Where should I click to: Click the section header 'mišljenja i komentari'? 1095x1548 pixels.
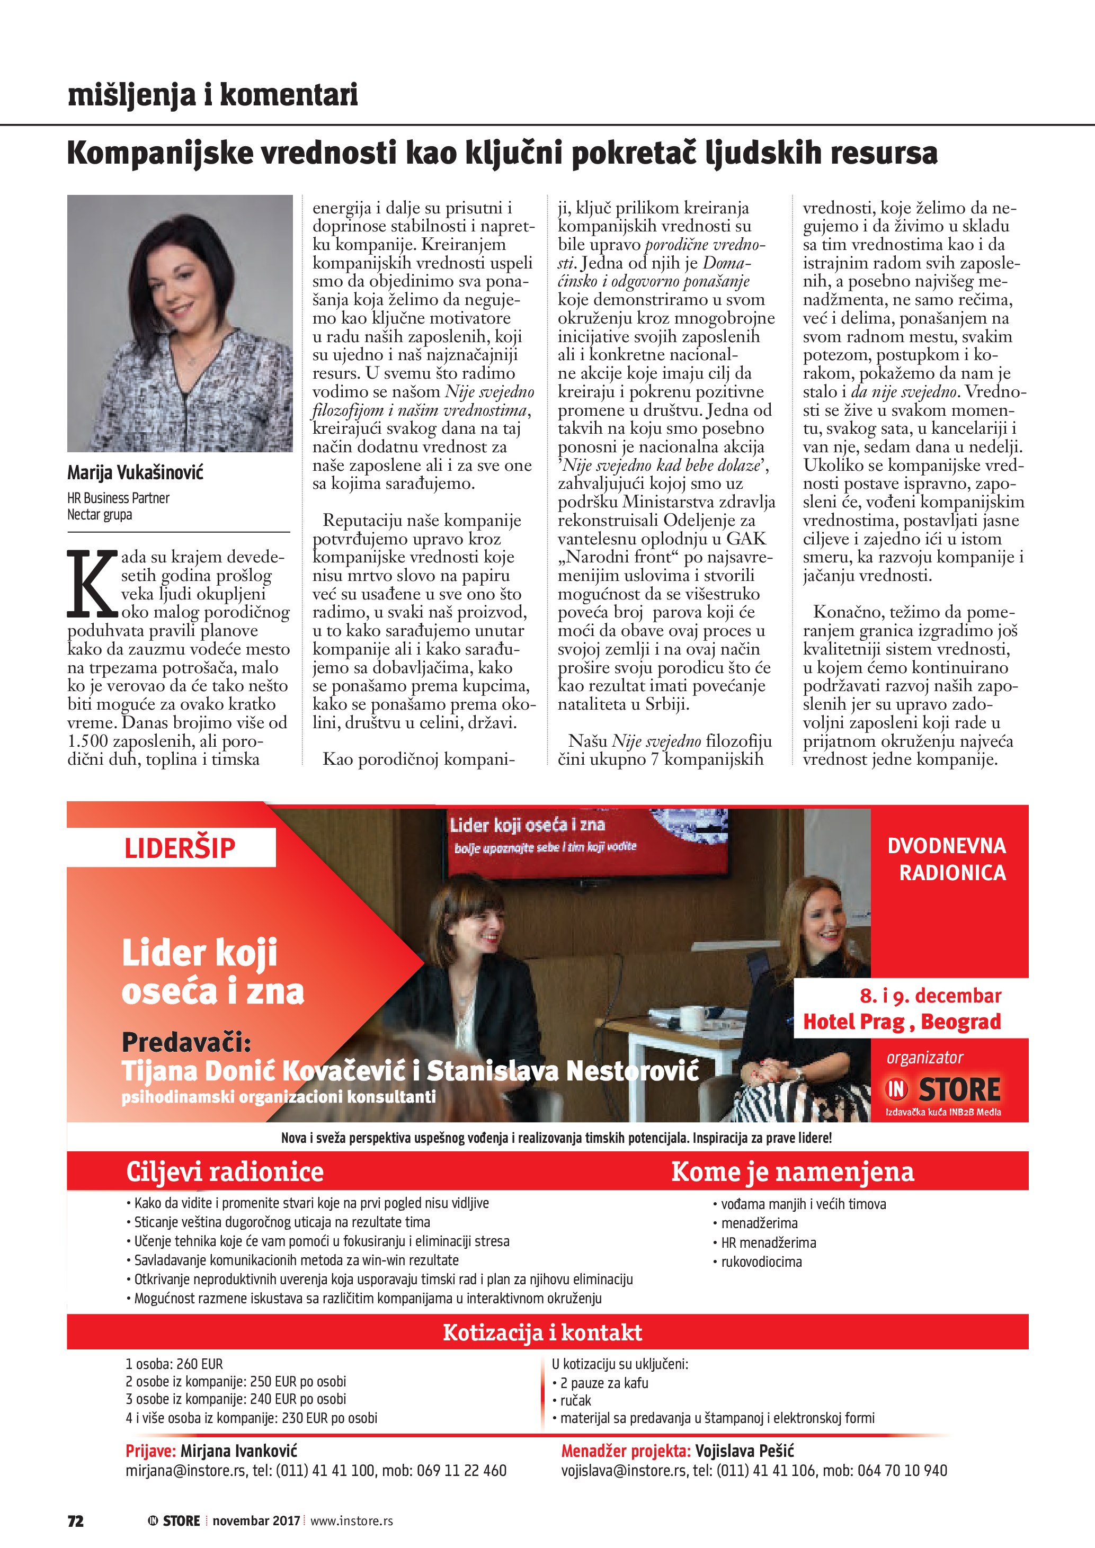(x=212, y=95)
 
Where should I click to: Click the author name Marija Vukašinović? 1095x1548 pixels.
(x=135, y=472)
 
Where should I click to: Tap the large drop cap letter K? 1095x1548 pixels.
(x=92, y=584)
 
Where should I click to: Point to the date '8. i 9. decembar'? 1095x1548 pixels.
(x=930, y=996)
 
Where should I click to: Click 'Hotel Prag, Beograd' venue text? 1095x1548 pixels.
(x=902, y=1022)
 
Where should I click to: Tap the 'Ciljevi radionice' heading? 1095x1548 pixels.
(x=225, y=1172)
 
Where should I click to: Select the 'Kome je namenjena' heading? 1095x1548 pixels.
(x=793, y=1172)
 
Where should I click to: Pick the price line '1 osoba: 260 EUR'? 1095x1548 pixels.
(x=174, y=1364)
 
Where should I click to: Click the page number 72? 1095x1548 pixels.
(x=76, y=1520)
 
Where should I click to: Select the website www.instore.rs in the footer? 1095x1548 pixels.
(x=351, y=1520)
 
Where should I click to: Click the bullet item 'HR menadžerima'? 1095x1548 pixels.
(x=768, y=1242)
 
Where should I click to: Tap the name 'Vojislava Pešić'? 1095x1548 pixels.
(x=744, y=1451)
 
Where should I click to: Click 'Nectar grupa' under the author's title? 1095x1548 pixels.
(x=100, y=515)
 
